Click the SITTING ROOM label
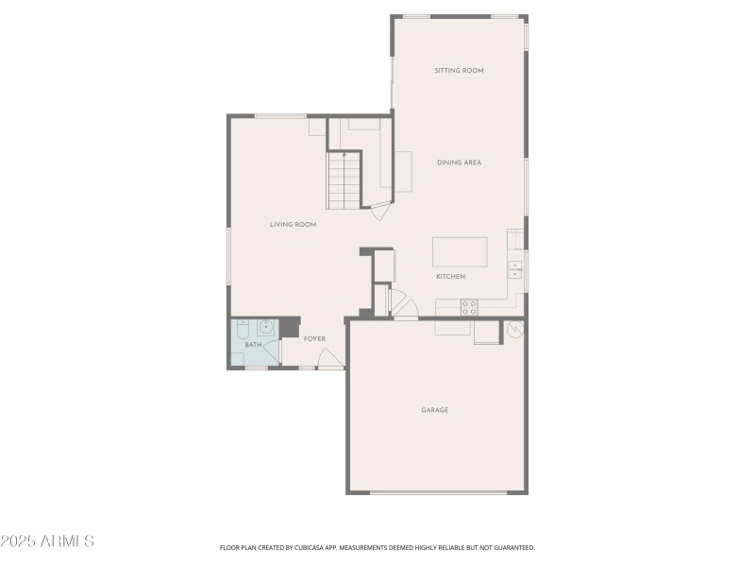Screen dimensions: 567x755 pos(459,71)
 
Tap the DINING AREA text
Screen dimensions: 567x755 pos(459,163)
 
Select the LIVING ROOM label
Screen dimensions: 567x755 pos(293,225)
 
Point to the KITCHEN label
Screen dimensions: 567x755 pos(450,277)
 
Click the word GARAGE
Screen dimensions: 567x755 pos(434,410)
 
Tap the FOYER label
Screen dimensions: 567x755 pos(314,339)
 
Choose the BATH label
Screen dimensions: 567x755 pos(253,345)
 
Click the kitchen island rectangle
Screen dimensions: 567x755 pos(460,252)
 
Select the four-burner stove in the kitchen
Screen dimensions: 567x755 pos(468,306)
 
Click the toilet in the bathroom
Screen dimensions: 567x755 pos(243,330)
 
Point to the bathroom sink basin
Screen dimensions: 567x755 pos(266,328)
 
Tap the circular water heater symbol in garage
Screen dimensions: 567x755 pos(514,330)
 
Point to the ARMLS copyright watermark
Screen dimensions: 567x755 pos(47,541)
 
